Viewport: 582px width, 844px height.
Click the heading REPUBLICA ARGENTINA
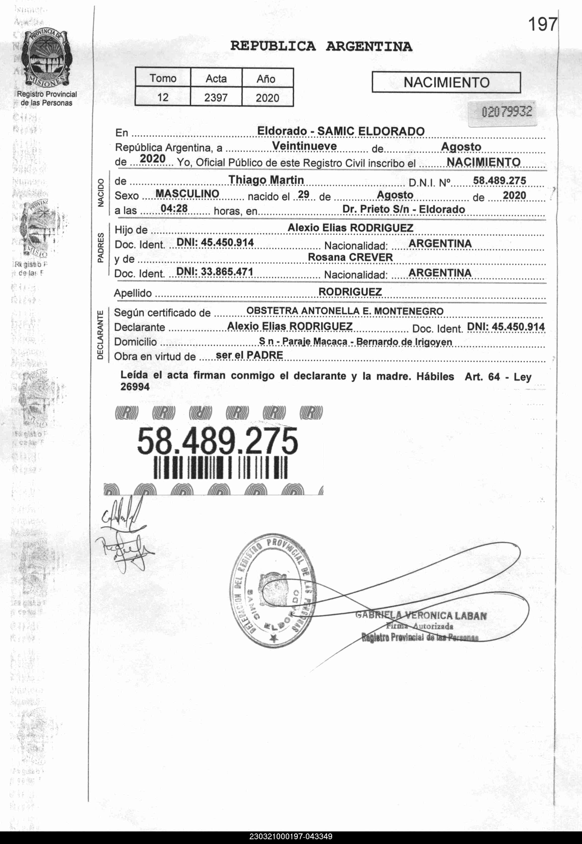coord(321,47)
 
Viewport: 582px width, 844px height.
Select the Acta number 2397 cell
coord(216,97)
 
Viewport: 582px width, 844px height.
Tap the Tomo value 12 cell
coord(163,97)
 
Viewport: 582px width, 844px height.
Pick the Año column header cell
coord(267,78)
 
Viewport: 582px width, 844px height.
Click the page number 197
coord(543,25)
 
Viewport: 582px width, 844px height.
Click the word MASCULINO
coord(187,194)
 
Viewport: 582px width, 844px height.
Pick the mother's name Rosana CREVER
coord(350,257)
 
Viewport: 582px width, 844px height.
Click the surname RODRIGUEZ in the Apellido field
coord(350,292)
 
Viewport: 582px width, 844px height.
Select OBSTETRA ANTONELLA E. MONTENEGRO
coord(345,311)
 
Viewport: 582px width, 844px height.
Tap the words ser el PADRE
coord(249,355)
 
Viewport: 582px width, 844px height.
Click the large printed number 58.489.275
coord(217,441)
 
